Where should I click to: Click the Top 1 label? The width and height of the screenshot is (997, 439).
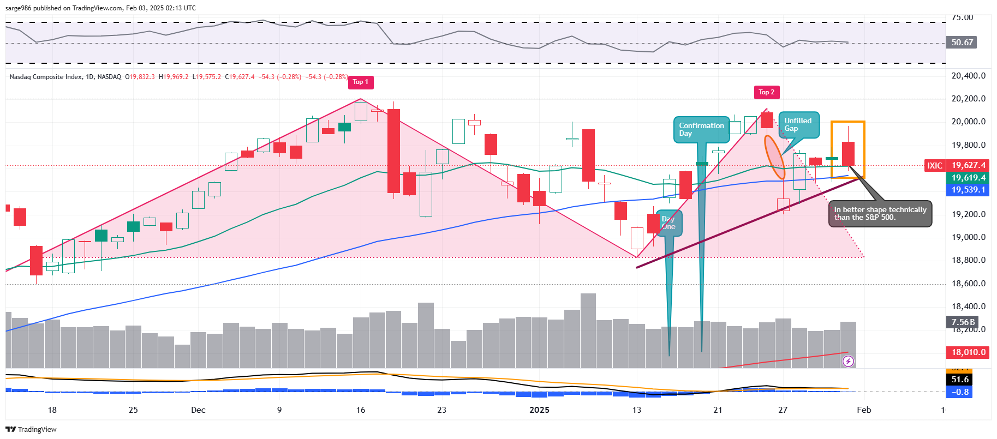tap(360, 82)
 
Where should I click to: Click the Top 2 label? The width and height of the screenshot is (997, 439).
tap(766, 92)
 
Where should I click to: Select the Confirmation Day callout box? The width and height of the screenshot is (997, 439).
tap(701, 130)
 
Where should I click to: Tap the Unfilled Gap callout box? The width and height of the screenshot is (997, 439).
tap(798, 125)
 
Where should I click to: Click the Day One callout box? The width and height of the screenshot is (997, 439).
tap(668, 223)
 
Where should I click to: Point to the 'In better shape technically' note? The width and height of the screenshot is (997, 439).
tap(880, 214)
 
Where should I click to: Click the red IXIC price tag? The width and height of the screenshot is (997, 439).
tap(934, 165)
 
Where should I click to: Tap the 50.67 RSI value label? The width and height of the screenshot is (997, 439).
tap(962, 43)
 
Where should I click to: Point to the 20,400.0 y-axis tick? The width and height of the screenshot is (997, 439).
tap(969, 76)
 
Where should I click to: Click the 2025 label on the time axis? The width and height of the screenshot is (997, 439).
tap(539, 410)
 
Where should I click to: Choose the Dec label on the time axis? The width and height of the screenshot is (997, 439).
tap(198, 410)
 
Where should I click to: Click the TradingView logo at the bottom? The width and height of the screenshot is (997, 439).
tap(32, 430)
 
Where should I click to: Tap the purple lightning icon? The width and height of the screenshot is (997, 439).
tap(848, 361)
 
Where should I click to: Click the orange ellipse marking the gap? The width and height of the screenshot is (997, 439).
tap(774, 157)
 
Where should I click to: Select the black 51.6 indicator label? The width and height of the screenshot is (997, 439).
tap(960, 380)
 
